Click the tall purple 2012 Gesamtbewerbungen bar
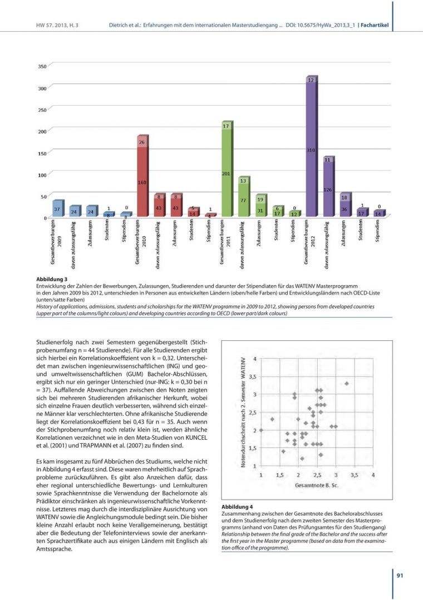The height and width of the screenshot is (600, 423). point(311,150)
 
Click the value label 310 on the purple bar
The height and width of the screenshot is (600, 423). point(311,151)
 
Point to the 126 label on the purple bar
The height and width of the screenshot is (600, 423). point(328,190)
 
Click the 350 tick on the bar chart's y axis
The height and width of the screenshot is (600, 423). point(42,67)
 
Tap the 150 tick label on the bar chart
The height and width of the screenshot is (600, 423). point(42,153)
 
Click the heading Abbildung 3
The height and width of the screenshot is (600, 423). point(52,279)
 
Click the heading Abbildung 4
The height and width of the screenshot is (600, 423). point(237,507)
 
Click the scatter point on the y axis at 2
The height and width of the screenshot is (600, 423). point(262,430)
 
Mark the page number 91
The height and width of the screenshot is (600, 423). point(400,576)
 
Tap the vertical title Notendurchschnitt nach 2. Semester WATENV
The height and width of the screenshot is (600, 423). point(243,411)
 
